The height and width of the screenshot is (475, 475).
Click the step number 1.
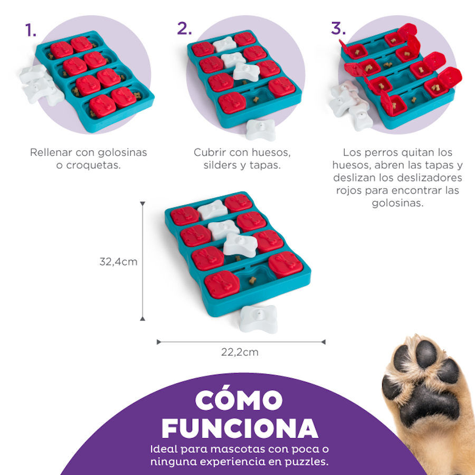point(31,30)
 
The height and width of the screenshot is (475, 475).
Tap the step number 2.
point(184,28)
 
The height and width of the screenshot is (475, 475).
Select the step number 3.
point(338,28)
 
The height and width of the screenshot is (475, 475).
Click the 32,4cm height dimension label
point(118,261)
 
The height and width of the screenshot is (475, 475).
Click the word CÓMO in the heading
point(239,401)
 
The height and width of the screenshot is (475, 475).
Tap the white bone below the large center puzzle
point(258,319)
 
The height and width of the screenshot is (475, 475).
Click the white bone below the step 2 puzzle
point(262,129)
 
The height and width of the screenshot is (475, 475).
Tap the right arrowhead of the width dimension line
point(323,342)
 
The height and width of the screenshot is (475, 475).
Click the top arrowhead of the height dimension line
point(142,204)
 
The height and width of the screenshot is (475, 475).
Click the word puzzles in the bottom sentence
point(303,462)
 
